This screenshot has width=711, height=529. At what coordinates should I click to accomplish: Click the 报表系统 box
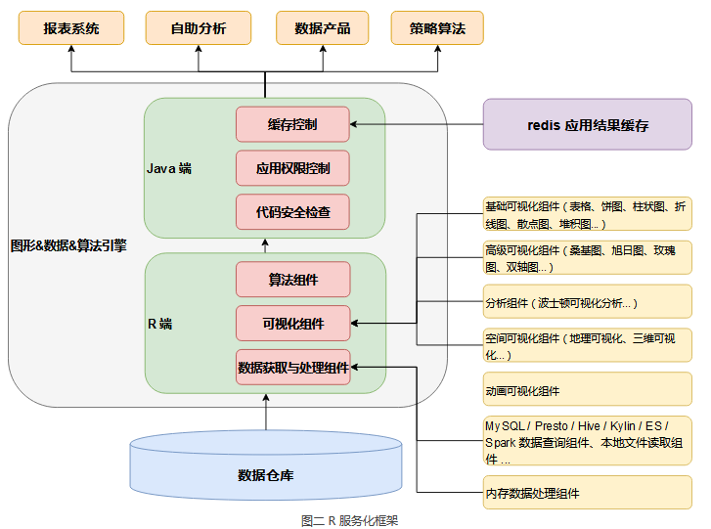click(71, 28)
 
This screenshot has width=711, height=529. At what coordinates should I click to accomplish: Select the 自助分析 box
click(199, 28)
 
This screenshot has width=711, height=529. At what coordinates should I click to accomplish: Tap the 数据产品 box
click(323, 28)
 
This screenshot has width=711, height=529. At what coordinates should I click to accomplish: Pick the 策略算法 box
click(437, 28)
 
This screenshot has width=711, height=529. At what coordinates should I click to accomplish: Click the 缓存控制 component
click(292, 124)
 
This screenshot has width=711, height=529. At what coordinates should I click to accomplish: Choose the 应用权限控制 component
click(292, 168)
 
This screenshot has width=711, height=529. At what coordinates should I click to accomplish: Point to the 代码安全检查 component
click(292, 211)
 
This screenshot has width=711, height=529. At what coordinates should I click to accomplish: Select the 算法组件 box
click(293, 280)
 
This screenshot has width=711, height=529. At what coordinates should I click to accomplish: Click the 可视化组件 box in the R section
click(293, 324)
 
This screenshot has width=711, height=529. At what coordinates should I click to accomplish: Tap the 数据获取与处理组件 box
click(293, 368)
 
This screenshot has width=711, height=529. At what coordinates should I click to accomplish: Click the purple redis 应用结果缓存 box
click(588, 124)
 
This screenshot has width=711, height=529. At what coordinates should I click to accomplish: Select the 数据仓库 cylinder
click(266, 465)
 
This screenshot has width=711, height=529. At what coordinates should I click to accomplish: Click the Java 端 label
click(169, 168)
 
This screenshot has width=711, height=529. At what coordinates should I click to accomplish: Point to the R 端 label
click(160, 324)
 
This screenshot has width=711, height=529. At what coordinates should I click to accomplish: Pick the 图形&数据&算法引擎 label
click(68, 245)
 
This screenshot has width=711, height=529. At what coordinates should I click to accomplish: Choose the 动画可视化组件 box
click(588, 389)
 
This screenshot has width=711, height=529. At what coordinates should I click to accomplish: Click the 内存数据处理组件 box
click(588, 492)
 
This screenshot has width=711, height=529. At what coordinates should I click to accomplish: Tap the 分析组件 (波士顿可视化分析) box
click(588, 301)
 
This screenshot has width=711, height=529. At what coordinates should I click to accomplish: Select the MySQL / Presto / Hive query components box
click(588, 441)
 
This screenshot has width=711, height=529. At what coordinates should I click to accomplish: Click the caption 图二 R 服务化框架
click(349, 521)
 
